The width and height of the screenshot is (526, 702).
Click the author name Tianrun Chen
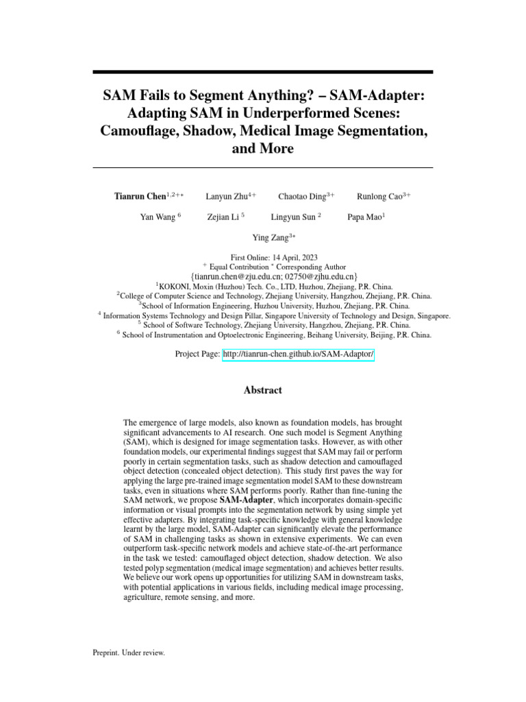pyautogui.click(x=140, y=196)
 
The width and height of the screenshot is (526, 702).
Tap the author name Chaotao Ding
pyautogui.click(x=301, y=196)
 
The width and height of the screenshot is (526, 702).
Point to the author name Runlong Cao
pyautogui.click(x=379, y=196)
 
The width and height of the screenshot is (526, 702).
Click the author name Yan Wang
pyautogui.click(x=158, y=217)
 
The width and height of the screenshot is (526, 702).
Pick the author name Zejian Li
pyautogui.click(x=223, y=217)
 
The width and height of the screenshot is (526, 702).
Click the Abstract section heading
pyautogui.click(x=263, y=390)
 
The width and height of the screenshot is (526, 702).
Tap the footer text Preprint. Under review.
pyautogui.click(x=129, y=653)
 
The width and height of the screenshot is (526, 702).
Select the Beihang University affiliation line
pyautogui.click(x=274, y=336)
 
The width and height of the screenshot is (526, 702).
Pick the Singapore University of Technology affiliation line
pyautogui.click(x=274, y=316)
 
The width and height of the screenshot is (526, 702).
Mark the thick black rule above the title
pyautogui.click(x=263, y=72)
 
